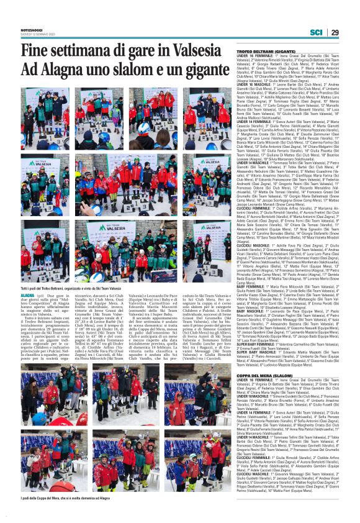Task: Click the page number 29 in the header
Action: [x=335, y=32]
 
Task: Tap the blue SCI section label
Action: [x=316, y=32]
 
